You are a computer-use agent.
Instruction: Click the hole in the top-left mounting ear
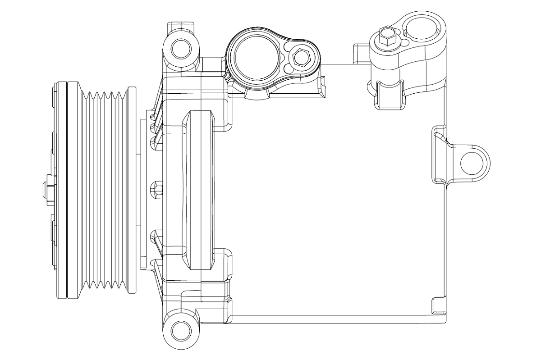pos(182,47)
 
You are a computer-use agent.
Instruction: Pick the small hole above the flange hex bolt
pos(288,46)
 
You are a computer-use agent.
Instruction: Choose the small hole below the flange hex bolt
pos(288,68)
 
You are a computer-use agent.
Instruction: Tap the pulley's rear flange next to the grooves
pos(132,189)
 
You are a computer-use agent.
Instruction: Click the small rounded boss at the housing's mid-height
pos(156,186)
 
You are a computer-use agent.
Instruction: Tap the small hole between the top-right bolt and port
pos(405,43)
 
